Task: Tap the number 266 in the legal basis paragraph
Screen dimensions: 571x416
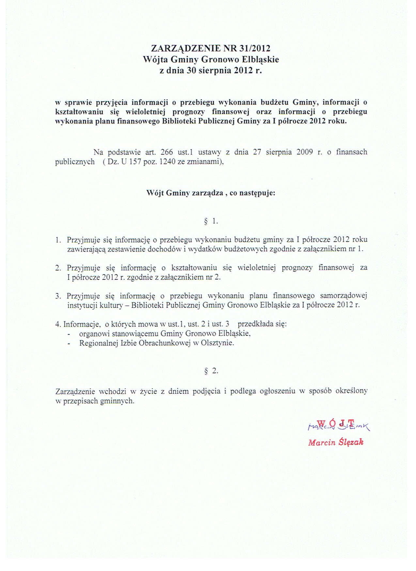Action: [x=167, y=152]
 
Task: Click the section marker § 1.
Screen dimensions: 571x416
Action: [x=211, y=221]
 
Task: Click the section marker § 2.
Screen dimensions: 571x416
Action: [x=211, y=371]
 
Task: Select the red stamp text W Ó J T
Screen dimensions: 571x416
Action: [x=336, y=423]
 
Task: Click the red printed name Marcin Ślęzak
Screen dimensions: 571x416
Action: [x=335, y=442]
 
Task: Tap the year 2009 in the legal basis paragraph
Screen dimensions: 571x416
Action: [x=305, y=152]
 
